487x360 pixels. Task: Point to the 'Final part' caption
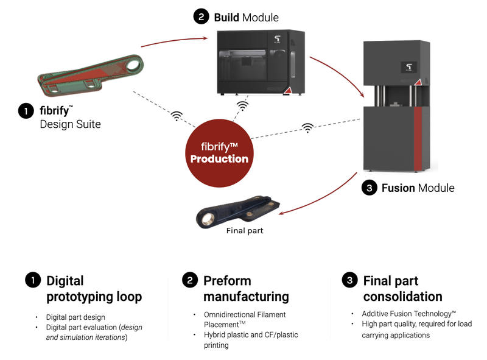244,231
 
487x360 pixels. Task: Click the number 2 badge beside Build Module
201,17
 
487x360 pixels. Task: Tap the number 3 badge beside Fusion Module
368,188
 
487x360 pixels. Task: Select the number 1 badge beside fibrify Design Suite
26,111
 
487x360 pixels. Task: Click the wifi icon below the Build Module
243,107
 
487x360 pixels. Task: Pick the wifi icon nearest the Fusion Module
309,128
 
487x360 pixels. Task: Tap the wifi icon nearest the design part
177,115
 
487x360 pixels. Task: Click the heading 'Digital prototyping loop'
94,289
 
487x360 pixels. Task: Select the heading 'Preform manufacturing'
246,289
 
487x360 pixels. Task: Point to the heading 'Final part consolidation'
402,289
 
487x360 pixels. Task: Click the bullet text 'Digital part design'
75,317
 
